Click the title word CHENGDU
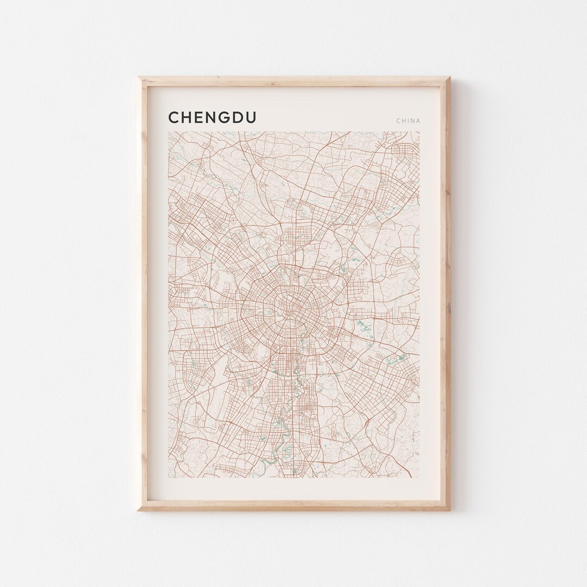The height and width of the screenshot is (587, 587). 213,118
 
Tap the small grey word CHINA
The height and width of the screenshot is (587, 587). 408,121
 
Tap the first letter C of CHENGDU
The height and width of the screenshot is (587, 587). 174,118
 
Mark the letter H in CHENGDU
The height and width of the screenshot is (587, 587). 184,118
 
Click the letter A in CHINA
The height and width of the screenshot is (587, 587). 417,121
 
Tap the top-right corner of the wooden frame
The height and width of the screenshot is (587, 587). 451,77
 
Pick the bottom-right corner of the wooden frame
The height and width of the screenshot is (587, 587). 451,511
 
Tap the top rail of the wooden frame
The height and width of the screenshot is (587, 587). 293,80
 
